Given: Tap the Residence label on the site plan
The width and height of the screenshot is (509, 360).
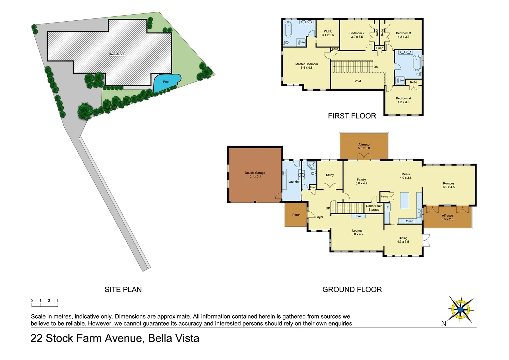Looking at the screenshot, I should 117,54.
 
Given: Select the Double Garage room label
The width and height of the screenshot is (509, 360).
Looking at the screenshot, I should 255,175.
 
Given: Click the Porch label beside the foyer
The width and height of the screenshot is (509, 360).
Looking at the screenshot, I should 296,215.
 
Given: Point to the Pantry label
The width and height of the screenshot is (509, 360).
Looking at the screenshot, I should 384,197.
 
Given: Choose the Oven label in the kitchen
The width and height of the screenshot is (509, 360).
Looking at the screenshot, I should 409,221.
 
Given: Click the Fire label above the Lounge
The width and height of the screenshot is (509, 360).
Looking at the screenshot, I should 358,216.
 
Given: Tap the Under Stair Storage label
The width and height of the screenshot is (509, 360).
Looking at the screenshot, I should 374,208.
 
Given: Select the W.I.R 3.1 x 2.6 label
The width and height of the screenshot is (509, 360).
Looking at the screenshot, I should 328,33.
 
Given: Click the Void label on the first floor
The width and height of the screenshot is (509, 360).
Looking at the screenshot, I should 358,81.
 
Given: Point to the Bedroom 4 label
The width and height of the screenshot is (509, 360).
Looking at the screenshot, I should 403,100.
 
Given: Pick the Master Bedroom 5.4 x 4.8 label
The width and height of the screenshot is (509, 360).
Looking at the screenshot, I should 306,66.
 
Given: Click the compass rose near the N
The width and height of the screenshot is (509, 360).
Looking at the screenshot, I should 460,309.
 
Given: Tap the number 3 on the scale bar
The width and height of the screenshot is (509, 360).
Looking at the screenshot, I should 57,301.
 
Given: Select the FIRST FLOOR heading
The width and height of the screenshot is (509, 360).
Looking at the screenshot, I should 352,116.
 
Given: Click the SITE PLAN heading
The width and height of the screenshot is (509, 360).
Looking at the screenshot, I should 123,289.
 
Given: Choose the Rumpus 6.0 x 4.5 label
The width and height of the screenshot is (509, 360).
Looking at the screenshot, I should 448,185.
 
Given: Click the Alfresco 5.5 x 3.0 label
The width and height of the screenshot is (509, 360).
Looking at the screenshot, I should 364,146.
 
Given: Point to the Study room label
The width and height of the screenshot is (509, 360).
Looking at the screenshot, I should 330,175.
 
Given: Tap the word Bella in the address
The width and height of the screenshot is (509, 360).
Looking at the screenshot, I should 160,338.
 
